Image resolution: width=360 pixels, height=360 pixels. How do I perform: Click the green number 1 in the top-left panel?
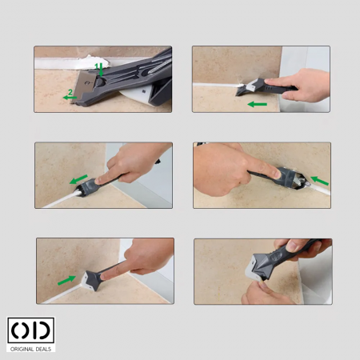(x=97, y=66)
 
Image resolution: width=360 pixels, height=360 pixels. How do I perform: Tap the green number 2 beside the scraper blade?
(x=70, y=93)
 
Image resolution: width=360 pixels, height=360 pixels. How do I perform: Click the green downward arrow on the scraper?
(x=101, y=70)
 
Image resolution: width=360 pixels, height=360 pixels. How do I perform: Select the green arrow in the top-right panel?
(x=258, y=104)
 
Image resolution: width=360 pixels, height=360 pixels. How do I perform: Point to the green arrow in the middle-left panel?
(x=78, y=179)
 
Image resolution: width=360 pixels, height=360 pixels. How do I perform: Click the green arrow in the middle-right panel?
(x=320, y=181)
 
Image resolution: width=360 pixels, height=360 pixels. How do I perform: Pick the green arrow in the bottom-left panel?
(x=66, y=280)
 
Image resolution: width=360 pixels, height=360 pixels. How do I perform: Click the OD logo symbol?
(x=31, y=330)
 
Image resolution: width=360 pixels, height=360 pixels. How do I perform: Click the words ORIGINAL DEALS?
(x=30, y=349)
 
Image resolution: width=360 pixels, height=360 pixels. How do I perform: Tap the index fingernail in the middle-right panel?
(x=277, y=174)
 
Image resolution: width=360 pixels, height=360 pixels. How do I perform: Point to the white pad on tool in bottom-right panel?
(x=253, y=270)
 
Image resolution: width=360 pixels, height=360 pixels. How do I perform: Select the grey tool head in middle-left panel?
(x=88, y=188)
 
